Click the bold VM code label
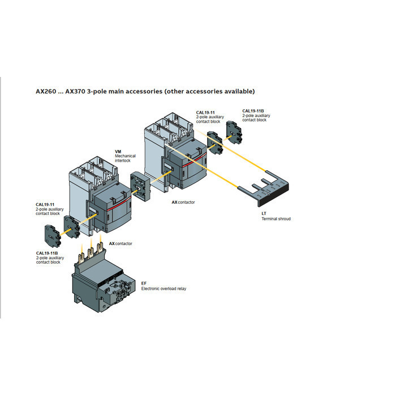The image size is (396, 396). pyautogui.click(x=118, y=152)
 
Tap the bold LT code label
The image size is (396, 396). pyautogui.click(x=264, y=214)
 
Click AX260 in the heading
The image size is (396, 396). pyautogui.click(x=46, y=91)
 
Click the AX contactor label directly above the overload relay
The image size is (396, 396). pyautogui.click(x=120, y=243)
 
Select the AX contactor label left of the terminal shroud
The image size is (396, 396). pyautogui.click(x=183, y=202)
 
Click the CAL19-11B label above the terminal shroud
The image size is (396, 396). pyautogui.click(x=253, y=111)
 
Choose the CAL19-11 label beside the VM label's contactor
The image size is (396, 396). pyautogui.click(x=45, y=204)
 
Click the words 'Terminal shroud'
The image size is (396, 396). pyautogui.click(x=276, y=219)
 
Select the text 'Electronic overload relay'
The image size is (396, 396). pyautogui.click(x=163, y=289)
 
